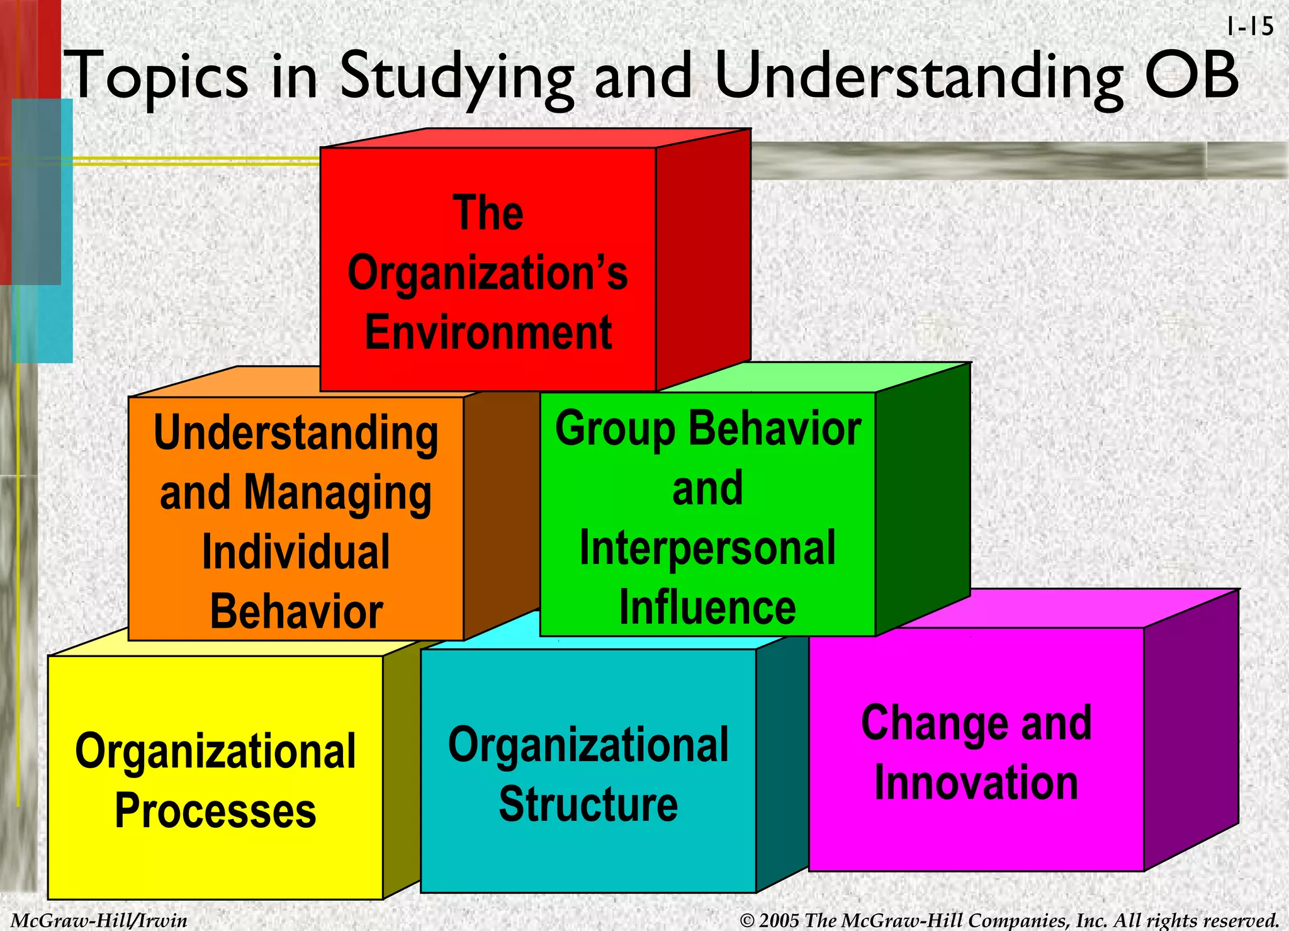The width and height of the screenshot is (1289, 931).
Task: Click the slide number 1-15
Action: [1249, 27]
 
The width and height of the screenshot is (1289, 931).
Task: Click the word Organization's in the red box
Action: [488, 274]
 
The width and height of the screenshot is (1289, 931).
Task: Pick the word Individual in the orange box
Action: [296, 551]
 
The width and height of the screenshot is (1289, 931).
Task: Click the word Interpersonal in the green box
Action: [707, 548]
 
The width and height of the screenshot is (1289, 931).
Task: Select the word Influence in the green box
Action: [707, 607]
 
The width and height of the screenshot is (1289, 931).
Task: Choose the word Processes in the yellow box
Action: [215, 811]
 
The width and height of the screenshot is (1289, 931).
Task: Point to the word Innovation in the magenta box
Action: [976, 782]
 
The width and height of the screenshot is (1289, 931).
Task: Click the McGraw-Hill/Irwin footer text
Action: [99, 920]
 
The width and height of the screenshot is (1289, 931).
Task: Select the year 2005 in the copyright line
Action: [779, 920]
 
